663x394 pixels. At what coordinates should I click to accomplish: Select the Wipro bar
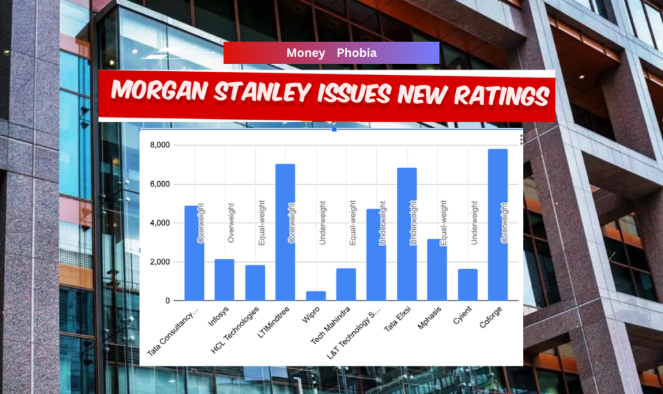(315, 296)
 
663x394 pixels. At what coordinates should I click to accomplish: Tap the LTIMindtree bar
(285, 232)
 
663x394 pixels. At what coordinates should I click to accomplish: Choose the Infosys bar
(224, 279)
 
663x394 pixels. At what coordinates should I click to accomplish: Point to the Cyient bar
(467, 285)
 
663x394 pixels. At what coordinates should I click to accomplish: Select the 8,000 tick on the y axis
(159, 145)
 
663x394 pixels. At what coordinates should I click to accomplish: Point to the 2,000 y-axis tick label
(159, 262)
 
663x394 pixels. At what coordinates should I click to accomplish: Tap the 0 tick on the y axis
(166, 301)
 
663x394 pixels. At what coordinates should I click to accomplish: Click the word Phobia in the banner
(356, 53)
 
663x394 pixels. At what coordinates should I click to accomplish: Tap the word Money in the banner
(306, 53)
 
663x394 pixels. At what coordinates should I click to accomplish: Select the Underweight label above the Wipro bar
(322, 223)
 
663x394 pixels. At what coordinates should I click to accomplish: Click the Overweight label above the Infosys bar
(231, 221)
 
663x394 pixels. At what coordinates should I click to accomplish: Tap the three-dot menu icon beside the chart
(522, 139)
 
